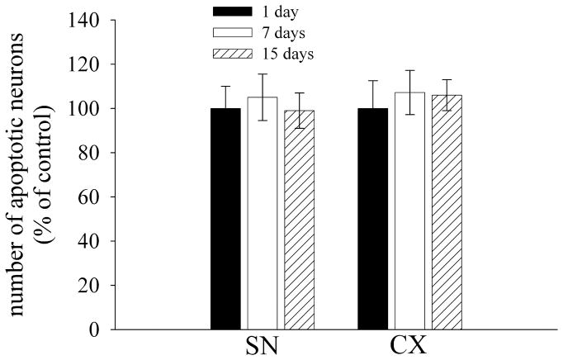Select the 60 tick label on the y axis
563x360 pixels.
click(x=92, y=197)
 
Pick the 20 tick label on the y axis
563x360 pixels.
click(x=92, y=286)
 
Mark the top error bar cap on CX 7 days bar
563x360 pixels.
click(x=409, y=70)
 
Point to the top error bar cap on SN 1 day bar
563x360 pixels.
click(x=225, y=86)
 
